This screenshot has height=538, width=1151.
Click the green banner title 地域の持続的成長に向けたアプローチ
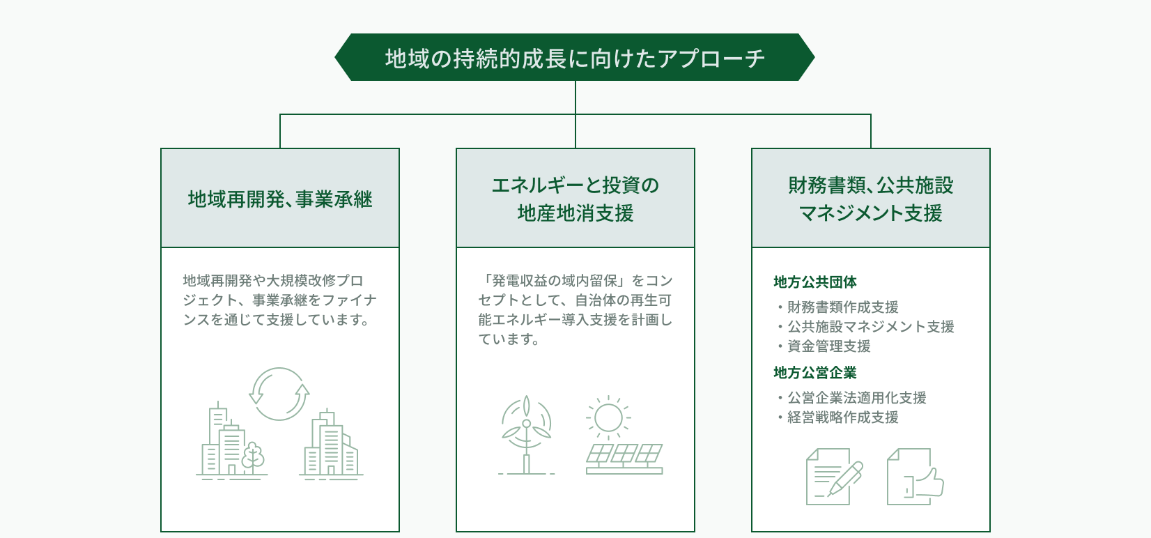click(x=575, y=59)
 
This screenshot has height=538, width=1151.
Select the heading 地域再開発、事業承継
click(x=280, y=199)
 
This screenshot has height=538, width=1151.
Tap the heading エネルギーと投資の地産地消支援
click(x=575, y=199)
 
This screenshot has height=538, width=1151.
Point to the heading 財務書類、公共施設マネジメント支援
click(x=870, y=199)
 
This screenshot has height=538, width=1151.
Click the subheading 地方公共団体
click(x=815, y=282)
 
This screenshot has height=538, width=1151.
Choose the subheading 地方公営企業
click(x=815, y=373)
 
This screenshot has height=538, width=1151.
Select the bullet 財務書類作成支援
click(x=838, y=307)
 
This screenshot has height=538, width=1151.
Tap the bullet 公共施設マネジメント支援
click(x=866, y=327)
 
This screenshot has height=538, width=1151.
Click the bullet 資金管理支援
click(x=824, y=346)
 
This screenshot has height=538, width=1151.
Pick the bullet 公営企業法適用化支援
click(x=852, y=398)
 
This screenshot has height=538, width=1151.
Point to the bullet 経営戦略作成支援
click(x=838, y=417)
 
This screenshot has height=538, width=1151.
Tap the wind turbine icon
click(x=526, y=435)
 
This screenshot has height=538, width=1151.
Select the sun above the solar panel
click(x=608, y=417)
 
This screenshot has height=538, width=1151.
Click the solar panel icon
click(x=624, y=459)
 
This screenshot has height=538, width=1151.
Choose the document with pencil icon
click(x=833, y=477)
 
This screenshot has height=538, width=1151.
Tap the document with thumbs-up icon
click(x=915, y=477)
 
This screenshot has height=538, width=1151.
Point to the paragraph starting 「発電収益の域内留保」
click(x=575, y=310)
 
